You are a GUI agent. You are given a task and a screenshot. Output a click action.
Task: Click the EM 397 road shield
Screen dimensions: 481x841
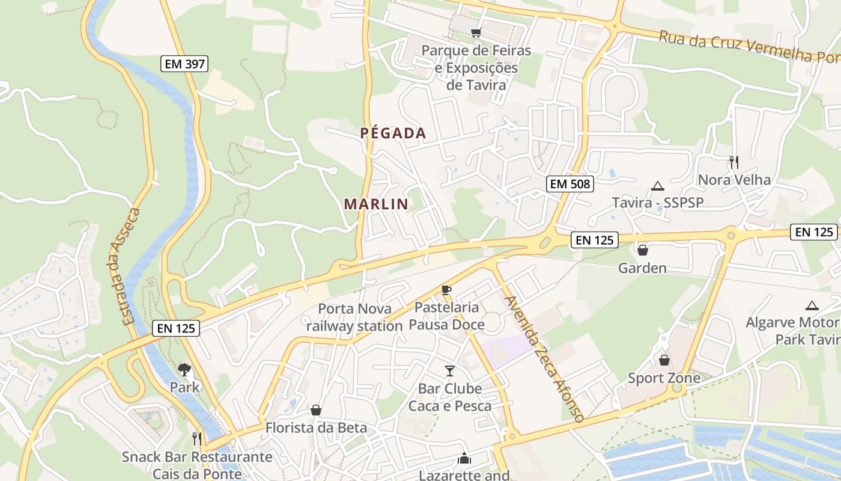[x=184, y=63]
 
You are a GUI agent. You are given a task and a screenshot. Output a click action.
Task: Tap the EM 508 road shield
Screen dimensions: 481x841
[x=569, y=184]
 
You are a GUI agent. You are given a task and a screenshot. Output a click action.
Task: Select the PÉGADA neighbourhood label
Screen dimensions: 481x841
[x=393, y=133]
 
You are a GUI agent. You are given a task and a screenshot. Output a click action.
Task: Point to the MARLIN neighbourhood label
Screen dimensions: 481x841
[x=376, y=204]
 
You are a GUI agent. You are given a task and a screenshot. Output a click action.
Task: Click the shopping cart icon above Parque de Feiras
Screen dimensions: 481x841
[x=476, y=32]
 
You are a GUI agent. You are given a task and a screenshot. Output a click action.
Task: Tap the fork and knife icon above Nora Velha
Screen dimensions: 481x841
[x=733, y=162]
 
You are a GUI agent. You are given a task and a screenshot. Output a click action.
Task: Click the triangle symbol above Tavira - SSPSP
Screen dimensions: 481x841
[x=657, y=186]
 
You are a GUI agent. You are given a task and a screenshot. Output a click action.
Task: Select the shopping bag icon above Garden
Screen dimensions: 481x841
[x=643, y=250]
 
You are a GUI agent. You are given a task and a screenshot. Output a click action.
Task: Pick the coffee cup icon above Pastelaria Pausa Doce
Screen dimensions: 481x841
[x=446, y=290]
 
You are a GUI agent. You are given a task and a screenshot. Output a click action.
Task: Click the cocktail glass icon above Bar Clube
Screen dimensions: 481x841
[x=450, y=370]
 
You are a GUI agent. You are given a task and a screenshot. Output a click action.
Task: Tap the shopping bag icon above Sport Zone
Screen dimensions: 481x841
[x=664, y=360]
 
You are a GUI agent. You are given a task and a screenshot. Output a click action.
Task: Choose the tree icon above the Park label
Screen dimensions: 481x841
[x=184, y=369]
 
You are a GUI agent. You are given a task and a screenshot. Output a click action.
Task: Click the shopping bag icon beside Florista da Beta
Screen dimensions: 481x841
[x=316, y=410]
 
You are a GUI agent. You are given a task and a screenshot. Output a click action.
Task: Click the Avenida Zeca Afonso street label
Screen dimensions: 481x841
[x=544, y=359]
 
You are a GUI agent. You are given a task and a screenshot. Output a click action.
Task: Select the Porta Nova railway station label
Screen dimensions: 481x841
[x=354, y=317]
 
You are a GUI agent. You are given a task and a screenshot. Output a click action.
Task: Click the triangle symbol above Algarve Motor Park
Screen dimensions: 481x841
[x=812, y=305]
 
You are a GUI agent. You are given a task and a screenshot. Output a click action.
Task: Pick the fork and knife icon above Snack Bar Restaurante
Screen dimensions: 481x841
[x=196, y=438]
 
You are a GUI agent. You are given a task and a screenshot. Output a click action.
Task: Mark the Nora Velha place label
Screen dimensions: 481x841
[x=734, y=179]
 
